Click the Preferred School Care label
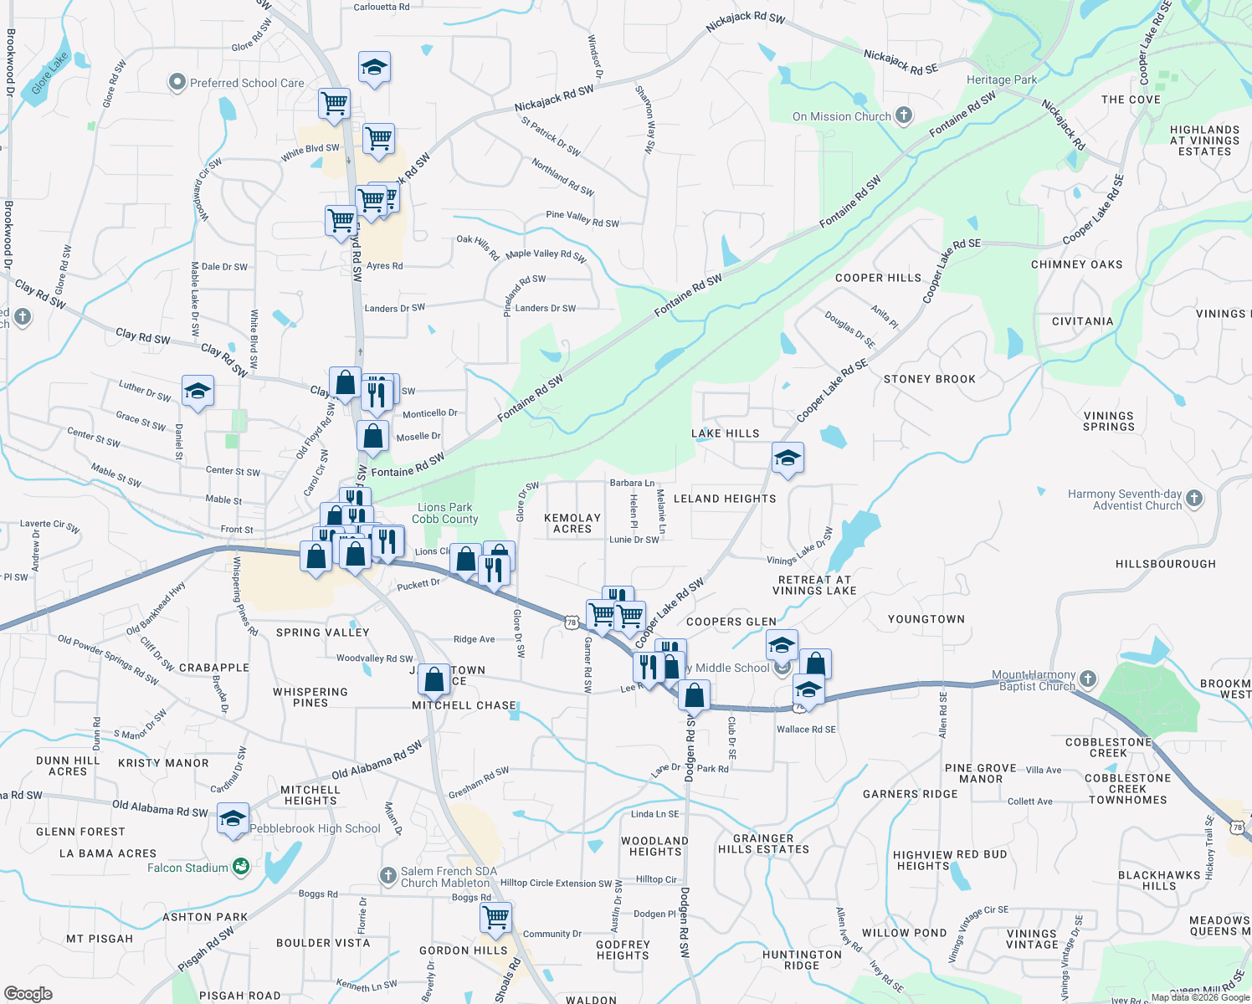point(247,83)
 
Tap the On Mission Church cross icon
point(904,115)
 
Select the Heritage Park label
point(1002,80)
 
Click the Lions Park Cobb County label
point(445,513)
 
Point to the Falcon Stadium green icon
point(241,867)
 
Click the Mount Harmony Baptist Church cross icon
point(1087,679)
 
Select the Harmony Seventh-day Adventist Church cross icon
point(1194,499)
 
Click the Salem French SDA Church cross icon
point(387,876)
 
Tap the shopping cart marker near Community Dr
point(495,916)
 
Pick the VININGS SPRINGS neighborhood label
point(1109,421)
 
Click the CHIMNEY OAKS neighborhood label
point(1076,264)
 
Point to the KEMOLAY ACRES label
point(572,523)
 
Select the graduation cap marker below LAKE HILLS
point(788,458)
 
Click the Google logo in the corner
point(28,993)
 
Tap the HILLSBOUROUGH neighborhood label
point(1166,564)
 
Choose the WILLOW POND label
point(904,933)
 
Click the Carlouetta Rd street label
point(382,8)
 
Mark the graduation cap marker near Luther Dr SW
point(198,392)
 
